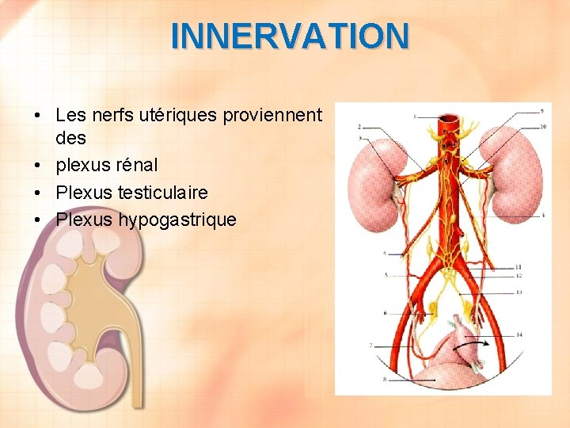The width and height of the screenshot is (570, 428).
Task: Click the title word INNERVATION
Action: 290,36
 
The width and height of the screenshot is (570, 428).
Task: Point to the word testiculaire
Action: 163,193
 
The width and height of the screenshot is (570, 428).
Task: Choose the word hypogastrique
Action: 177,220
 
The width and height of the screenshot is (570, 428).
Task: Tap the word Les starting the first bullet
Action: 70,116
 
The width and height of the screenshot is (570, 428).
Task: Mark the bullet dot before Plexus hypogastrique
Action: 38,220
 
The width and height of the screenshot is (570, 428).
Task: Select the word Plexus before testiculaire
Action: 84,193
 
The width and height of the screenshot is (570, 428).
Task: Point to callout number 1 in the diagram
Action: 414,116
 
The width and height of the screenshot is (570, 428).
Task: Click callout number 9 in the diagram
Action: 541,110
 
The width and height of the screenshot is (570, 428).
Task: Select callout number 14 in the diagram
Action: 519,336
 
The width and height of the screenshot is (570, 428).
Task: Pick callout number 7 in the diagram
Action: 370,346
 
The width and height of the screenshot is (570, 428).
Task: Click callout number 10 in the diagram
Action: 542,127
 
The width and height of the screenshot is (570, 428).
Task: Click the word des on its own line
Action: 71,138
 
